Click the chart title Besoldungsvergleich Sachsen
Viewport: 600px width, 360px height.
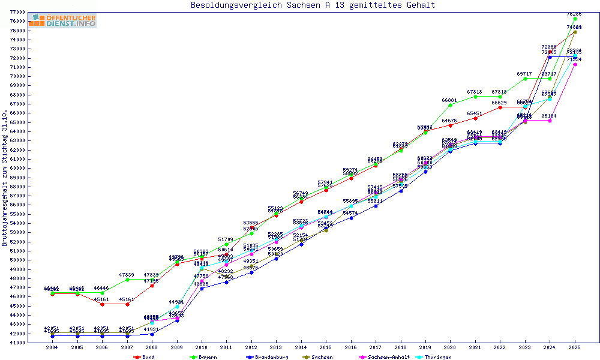point(313,5)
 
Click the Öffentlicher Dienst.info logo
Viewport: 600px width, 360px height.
point(62,20)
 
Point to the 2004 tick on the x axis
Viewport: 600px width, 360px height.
point(52,347)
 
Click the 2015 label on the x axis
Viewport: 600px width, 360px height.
point(326,347)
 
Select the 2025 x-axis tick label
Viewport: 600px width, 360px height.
point(575,347)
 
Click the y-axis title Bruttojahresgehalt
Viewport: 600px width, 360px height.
point(5,178)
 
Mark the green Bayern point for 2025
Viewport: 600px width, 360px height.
point(575,19)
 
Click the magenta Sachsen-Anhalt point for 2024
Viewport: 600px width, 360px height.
point(550,121)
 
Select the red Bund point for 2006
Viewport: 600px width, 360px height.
point(102,304)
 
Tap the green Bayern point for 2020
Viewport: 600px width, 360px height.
point(451,105)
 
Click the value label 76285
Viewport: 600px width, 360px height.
point(575,13)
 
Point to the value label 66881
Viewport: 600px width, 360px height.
point(449,100)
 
